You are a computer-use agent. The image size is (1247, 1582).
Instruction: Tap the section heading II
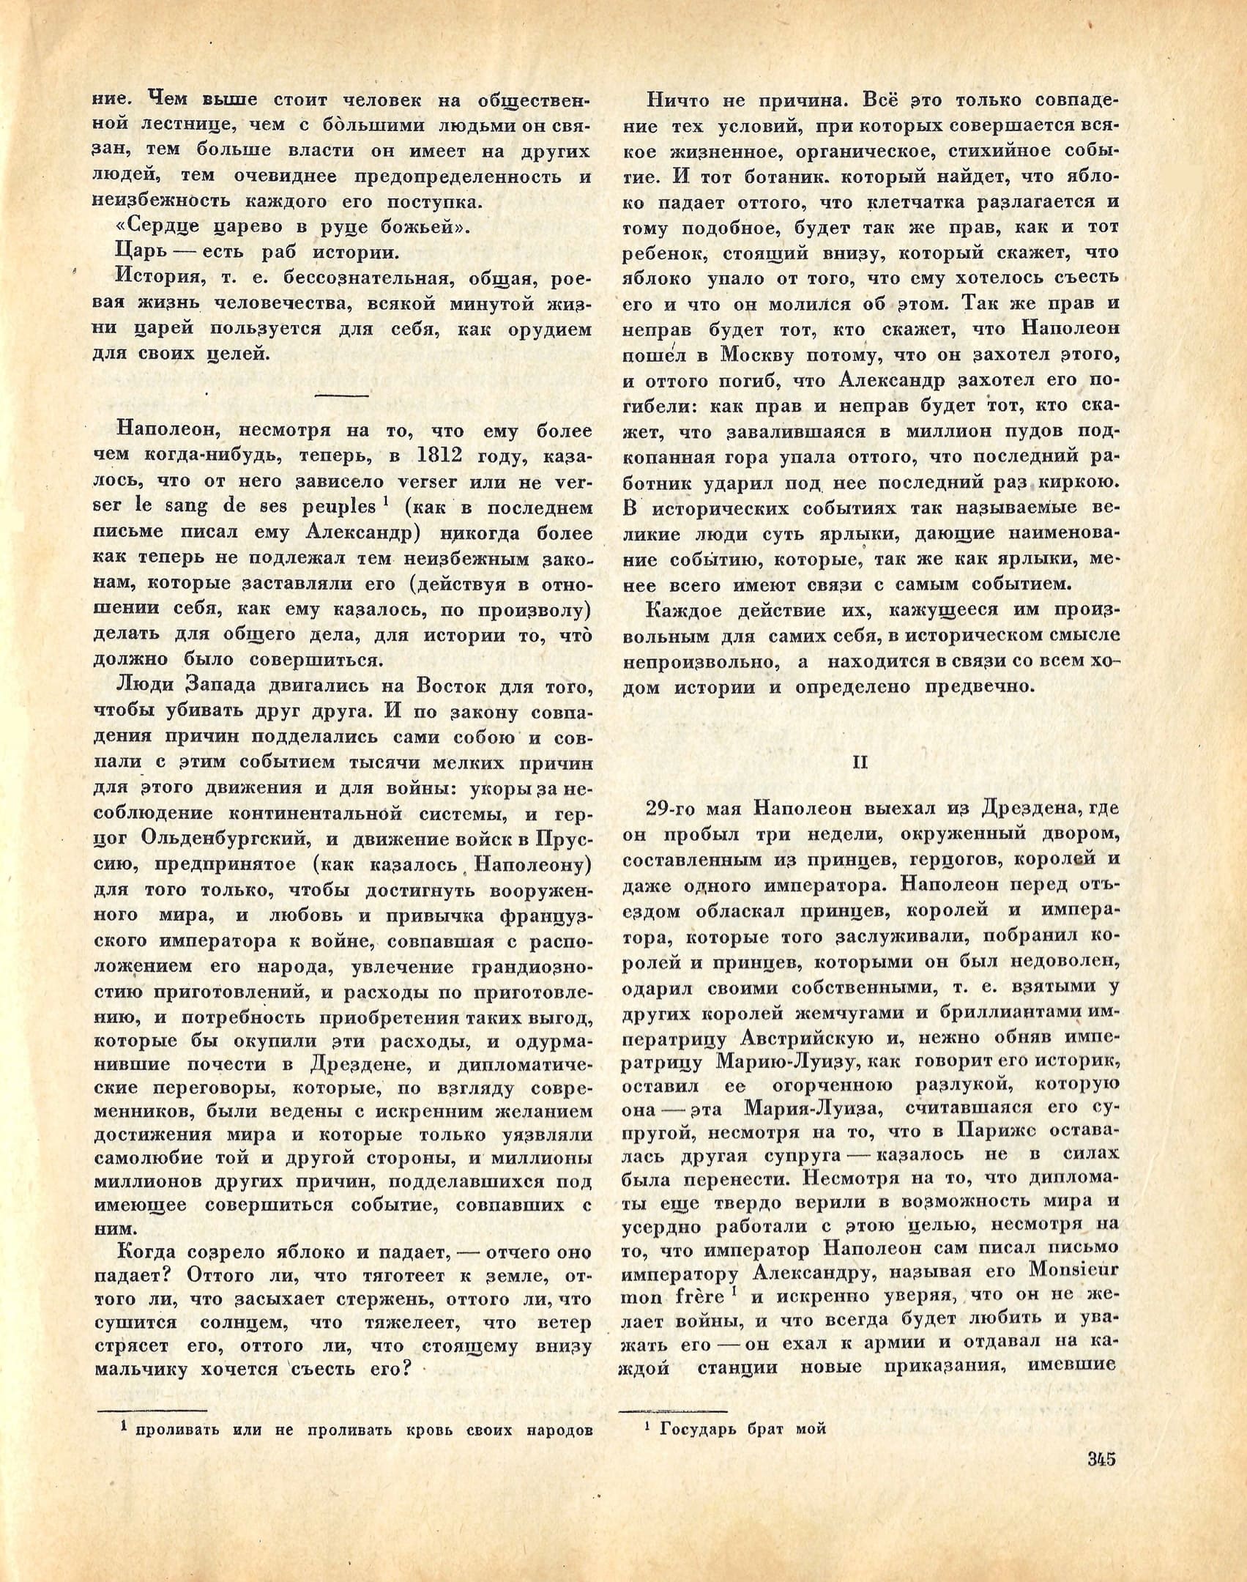point(860,762)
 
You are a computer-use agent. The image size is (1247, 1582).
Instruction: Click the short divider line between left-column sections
point(342,395)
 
